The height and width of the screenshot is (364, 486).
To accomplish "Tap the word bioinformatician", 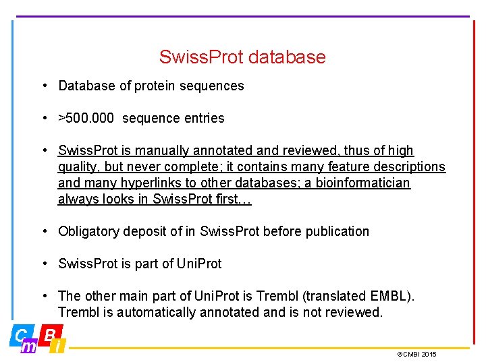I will click(364, 183).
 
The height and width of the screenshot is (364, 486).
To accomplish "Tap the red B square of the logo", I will click(49, 335).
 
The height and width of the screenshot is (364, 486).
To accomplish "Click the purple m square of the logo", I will click(29, 346).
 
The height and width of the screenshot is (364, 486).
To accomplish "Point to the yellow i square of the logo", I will click(58, 346).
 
